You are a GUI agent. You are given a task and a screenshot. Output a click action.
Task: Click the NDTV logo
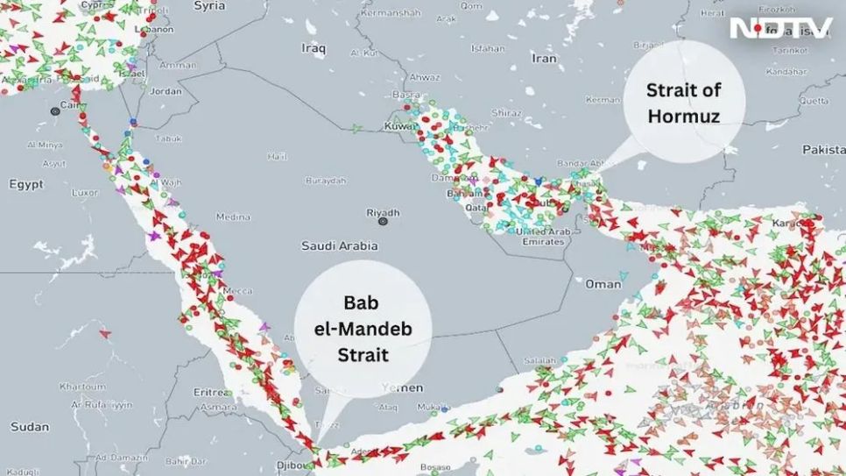point(780,28)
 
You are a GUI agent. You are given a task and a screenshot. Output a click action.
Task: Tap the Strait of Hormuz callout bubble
point(683,103)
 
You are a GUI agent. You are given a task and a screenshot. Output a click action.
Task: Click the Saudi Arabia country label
point(331,246)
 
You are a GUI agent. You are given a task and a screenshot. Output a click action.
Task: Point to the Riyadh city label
point(383,212)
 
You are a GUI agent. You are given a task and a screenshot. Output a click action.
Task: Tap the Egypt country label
point(25,185)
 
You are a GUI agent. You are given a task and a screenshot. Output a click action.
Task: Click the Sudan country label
point(30,427)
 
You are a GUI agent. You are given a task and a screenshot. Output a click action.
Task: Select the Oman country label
point(603,284)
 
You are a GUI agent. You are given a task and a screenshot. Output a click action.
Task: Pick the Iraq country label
point(314,49)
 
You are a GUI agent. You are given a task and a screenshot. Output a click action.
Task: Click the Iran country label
point(544,59)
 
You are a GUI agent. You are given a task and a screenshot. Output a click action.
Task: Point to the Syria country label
point(208,6)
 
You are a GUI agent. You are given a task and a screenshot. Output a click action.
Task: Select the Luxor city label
point(85,192)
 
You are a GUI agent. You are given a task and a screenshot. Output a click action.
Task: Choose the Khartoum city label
point(82,387)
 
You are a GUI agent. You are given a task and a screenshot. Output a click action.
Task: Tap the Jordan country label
point(166,90)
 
